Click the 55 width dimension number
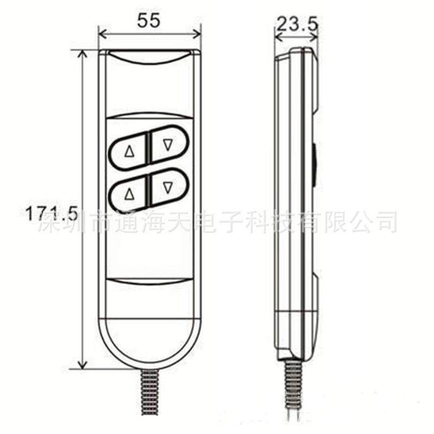click(x=149, y=21)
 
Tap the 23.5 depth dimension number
click(x=296, y=23)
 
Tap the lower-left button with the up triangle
click(x=129, y=192)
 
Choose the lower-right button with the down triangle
click(x=168, y=187)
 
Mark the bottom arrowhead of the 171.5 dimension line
click(x=82, y=365)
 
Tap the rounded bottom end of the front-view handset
click(x=149, y=342)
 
